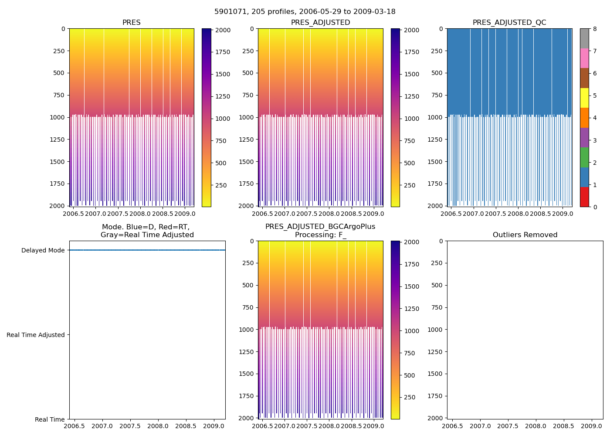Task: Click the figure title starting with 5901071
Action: tap(305, 12)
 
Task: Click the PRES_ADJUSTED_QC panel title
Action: tap(509, 23)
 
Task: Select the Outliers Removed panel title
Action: tap(525, 235)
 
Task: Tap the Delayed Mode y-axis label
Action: tap(43, 250)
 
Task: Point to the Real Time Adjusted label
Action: tap(36, 335)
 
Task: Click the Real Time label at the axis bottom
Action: tap(50, 419)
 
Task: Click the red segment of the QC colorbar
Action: tap(584, 197)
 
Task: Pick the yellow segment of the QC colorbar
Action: tap(584, 98)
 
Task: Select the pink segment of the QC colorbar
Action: tap(584, 58)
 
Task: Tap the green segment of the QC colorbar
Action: tap(584, 157)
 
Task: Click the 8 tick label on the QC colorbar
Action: tap(595, 29)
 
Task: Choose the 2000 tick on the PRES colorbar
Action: tap(223, 30)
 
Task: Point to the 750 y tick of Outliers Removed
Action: tap(437, 307)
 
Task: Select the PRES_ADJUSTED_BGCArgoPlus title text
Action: tap(320, 227)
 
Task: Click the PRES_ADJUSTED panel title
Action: tap(320, 23)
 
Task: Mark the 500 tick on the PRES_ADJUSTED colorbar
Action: tap(410, 163)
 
